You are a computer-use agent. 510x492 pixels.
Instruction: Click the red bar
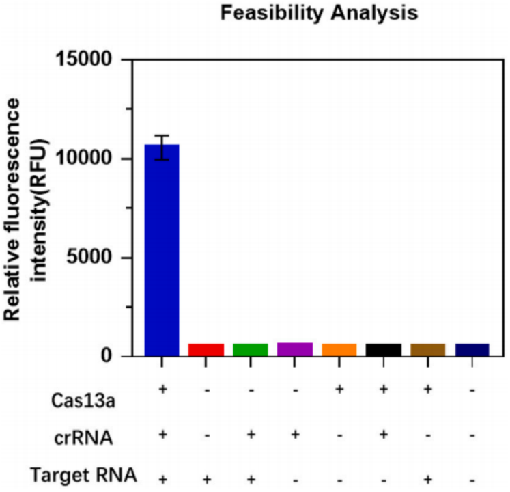pyautogui.click(x=206, y=349)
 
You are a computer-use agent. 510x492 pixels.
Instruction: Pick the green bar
pyautogui.click(x=251, y=349)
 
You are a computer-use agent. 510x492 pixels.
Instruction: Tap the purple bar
pyautogui.click(x=295, y=348)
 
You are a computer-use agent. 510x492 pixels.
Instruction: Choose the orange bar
pyautogui.click(x=339, y=349)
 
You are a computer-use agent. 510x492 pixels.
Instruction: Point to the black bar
pyautogui.click(x=384, y=349)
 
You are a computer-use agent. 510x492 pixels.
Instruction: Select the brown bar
pyautogui.click(x=428, y=349)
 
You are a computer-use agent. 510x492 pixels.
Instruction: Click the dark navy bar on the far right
pyautogui.click(x=472, y=349)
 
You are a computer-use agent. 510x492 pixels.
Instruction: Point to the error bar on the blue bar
pyautogui.click(x=162, y=146)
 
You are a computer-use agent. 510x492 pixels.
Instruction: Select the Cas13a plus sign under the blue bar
pyautogui.click(x=162, y=389)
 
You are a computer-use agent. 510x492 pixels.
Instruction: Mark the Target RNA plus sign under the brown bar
pyautogui.click(x=428, y=479)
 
